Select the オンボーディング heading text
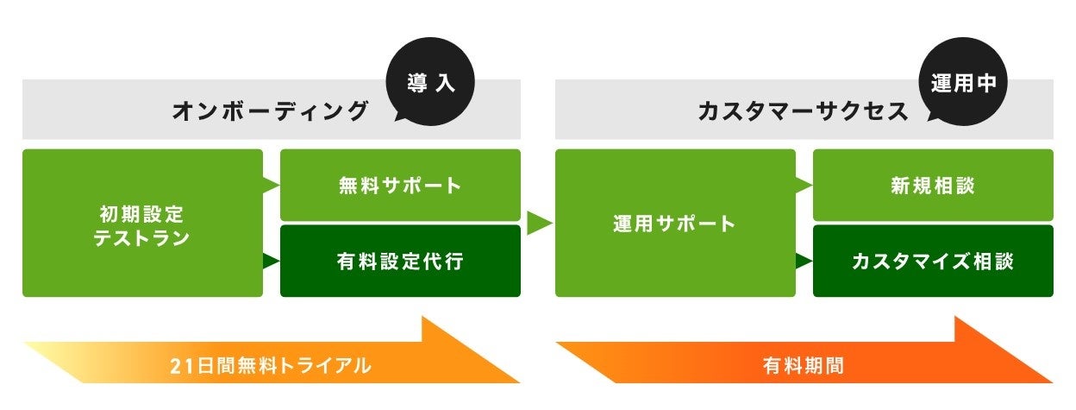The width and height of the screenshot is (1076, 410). click(270, 110)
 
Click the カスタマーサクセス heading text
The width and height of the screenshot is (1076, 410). click(803, 110)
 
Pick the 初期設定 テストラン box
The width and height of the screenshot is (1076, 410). click(142, 224)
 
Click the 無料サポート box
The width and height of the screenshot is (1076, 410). click(400, 185)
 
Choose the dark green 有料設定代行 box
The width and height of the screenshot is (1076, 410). click(400, 261)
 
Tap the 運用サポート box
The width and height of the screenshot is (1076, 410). click(675, 224)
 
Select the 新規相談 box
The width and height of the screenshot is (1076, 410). click(933, 185)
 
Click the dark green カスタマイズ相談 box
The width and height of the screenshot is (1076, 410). click(933, 261)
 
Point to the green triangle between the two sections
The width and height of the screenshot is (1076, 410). click(538, 224)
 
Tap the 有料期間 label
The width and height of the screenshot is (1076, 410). click(804, 365)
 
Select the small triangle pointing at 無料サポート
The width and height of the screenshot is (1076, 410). click(272, 184)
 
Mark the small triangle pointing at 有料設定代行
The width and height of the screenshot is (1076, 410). click(272, 260)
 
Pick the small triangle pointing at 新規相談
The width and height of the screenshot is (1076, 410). click(804, 184)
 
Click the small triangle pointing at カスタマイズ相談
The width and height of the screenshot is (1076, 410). click(804, 260)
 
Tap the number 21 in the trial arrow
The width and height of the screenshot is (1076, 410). click(179, 365)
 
